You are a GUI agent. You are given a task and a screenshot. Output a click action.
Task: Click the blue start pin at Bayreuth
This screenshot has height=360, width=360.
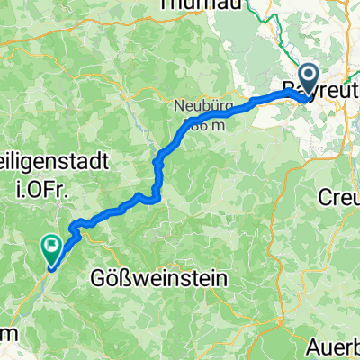click(x=308, y=80)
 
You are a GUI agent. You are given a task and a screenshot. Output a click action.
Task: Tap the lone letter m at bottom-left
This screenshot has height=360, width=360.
click(x=7, y=332)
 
